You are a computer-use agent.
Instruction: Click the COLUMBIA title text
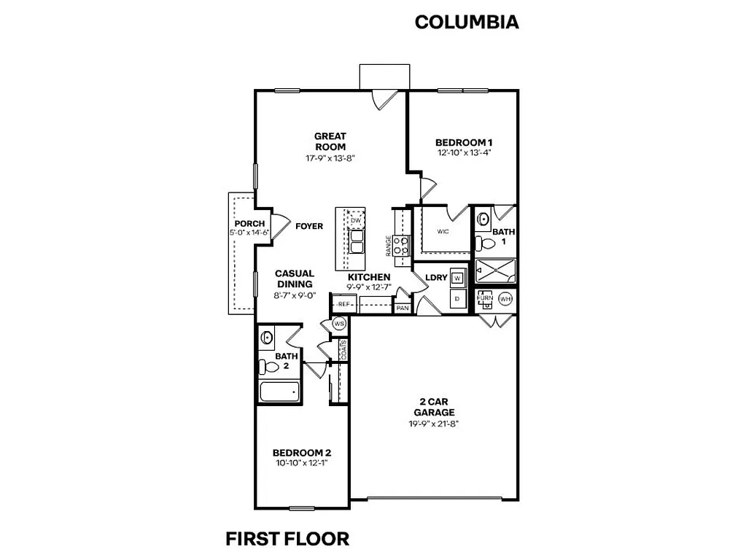[467, 22]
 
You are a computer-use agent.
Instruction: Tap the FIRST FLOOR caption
[287, 539]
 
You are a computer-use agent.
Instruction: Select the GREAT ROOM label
[330, 141]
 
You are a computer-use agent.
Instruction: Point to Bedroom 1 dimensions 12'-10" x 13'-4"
[465, 153]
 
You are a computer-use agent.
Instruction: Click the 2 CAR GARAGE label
[437, 407]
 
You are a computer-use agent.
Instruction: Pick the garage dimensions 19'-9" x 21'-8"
[437, 424]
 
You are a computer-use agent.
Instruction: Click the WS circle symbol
[339, 323]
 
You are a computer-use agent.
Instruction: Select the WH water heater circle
[505, 299]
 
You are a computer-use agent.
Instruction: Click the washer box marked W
[457, 278]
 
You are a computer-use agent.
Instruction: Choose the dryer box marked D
[457, 299]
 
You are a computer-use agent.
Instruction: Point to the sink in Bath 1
[483, 219]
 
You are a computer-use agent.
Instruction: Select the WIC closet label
[443, 231]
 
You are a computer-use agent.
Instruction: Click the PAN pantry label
[403, 308]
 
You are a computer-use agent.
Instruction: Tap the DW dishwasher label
[356, 220]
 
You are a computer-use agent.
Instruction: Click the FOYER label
[309, 226]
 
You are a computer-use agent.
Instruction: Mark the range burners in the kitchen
[401, 246]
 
